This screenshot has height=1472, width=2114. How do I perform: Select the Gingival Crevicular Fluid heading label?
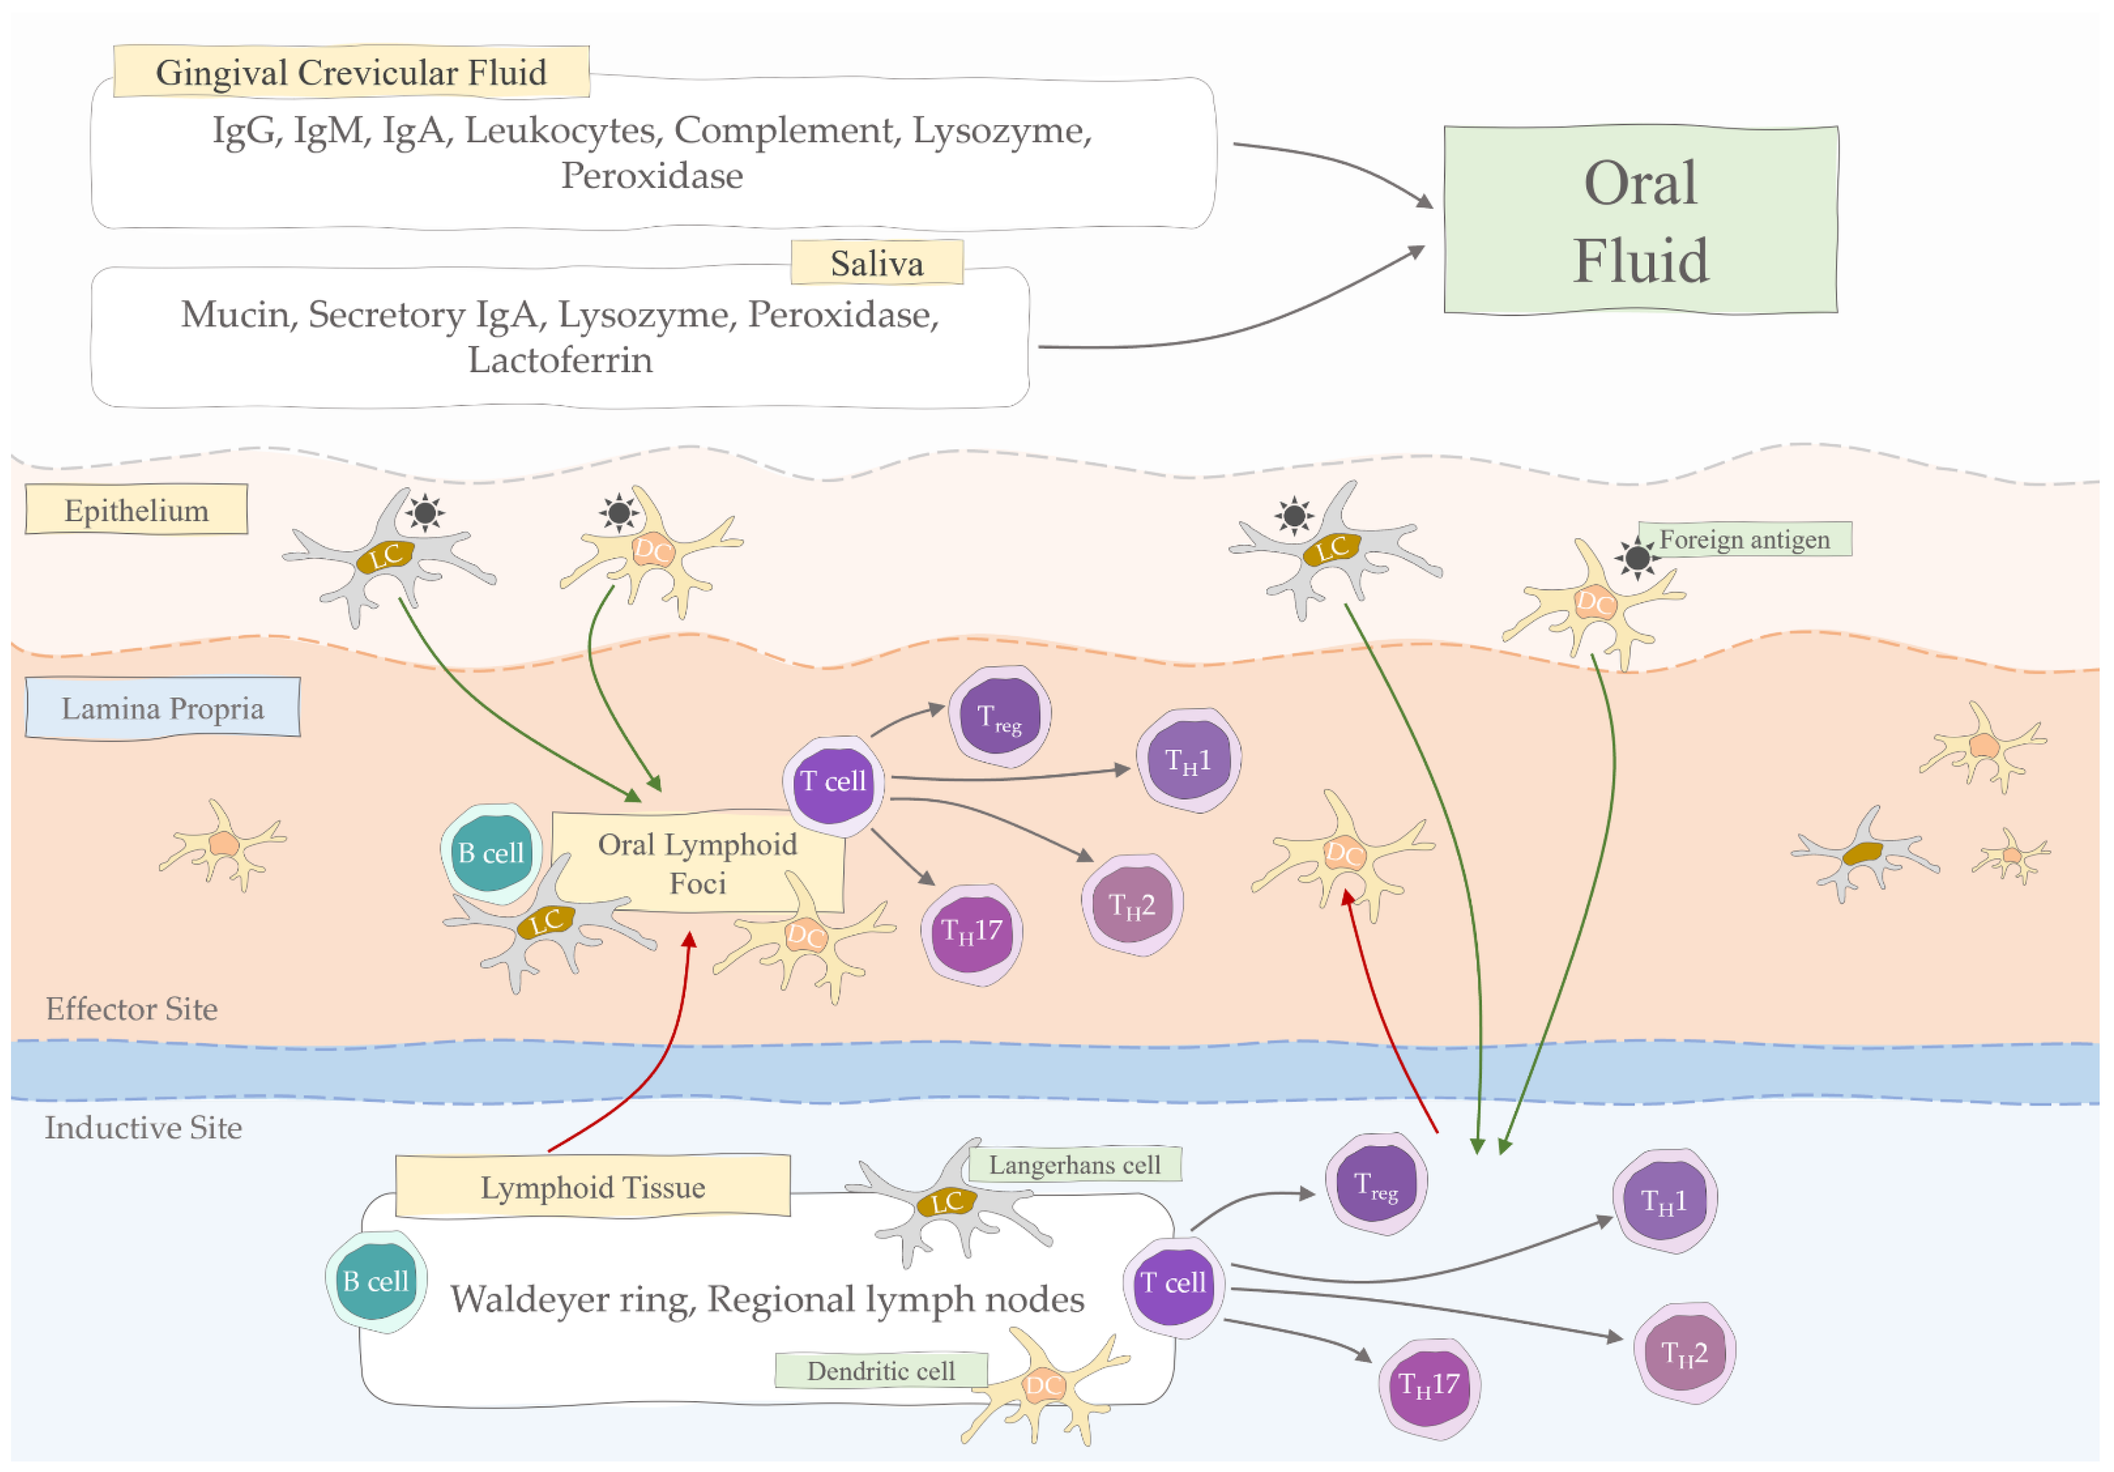tap(351, 72)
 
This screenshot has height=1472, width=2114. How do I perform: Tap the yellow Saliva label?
tap(877, 263)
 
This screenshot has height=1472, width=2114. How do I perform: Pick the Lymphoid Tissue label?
tap(593, 1187)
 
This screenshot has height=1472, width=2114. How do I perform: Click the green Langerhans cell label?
tap(1074, 1164)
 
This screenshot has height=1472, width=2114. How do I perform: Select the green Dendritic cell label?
tap(881, 1370)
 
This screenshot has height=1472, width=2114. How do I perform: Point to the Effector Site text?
tap(132, 1009)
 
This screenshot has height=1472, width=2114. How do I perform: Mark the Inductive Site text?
tap(144, 1128)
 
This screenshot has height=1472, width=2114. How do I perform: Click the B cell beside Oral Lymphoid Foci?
tap(491, 853)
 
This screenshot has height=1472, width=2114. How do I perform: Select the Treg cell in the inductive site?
tap(1376, 1185)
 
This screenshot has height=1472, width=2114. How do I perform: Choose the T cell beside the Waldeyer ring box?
tap(1173, 1284)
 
